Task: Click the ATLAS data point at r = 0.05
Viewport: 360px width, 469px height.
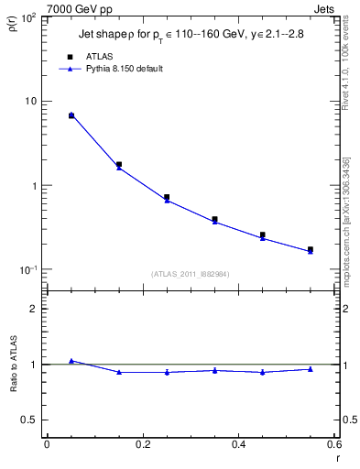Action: [71, 115]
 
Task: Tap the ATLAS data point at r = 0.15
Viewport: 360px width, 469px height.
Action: [119, 165]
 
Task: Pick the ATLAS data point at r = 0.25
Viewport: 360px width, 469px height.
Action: [167, 197]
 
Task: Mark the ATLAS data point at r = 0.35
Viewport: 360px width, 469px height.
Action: [214, 220]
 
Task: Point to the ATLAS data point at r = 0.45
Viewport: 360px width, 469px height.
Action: [262, 235]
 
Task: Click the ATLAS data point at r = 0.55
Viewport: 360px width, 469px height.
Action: [310, 249]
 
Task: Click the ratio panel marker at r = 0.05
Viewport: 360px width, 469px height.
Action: [71, 361]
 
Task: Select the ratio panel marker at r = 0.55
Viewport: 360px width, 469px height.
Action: [310, 369]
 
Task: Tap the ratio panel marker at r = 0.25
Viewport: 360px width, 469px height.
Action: [167, 372]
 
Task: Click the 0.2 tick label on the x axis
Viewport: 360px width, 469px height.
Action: [142, 444]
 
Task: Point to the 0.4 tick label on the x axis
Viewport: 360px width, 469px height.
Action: [238, 444]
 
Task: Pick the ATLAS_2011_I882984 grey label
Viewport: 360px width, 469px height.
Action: [191, 273]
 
